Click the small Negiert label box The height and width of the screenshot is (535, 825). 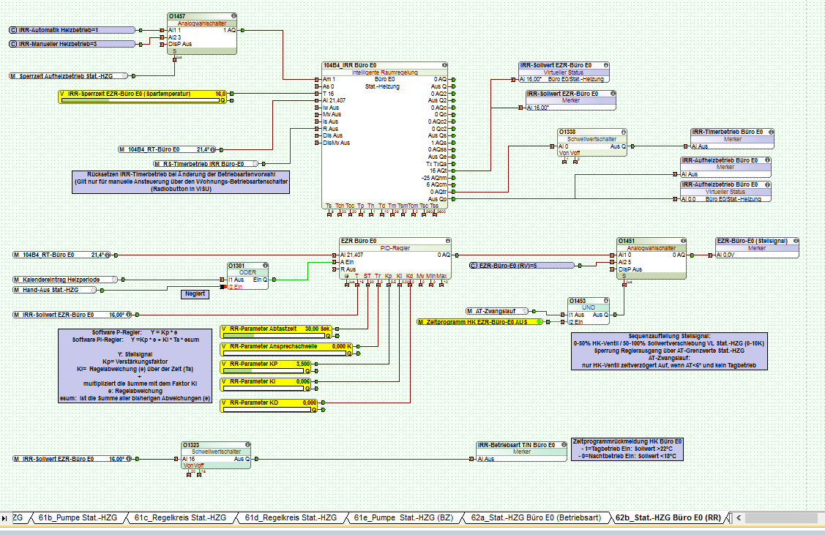pos(195,293)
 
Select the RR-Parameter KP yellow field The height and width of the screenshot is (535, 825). pos(266,364)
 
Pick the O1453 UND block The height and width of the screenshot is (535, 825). pos(590,307)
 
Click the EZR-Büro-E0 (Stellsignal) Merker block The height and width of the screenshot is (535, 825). pos(756,240)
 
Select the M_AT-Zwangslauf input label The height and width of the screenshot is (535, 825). pos(498,311)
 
